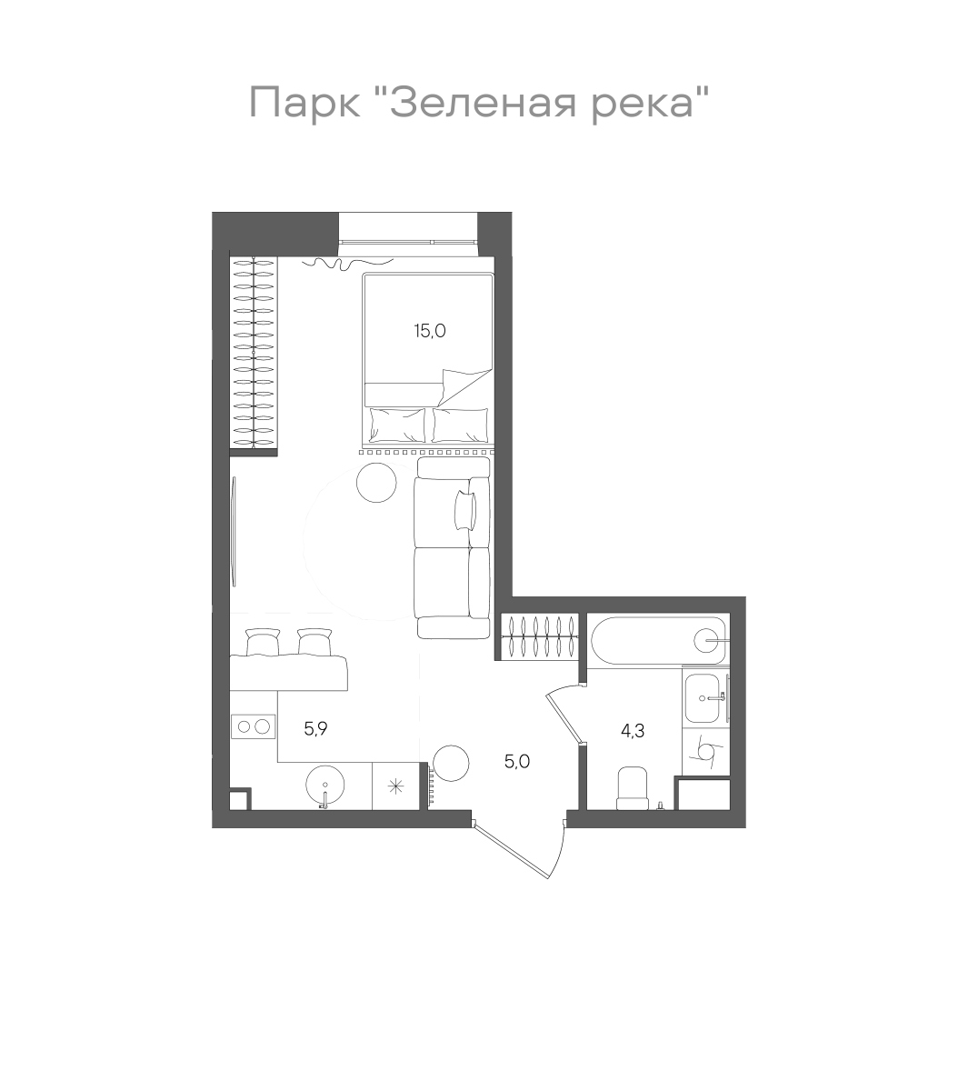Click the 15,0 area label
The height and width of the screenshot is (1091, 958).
(x=430, y=331)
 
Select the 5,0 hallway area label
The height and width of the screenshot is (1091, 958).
(x=517, y=762)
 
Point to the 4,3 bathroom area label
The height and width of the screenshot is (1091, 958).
(x=633, y=730)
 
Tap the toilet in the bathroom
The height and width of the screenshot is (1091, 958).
(x=632, y=787)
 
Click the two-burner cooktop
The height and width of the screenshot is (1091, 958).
(x=253, y=726)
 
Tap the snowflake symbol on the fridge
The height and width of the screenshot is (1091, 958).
(x=396, y=786)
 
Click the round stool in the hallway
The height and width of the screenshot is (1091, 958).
(x=450, y=763)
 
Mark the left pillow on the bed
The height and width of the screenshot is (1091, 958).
(x=396, y=424)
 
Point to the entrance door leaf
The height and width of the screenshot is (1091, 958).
(x=515, y=848)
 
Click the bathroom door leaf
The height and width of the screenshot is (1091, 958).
(x=563, y=718)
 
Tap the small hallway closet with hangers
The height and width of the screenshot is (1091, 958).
(x=538, y=636)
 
